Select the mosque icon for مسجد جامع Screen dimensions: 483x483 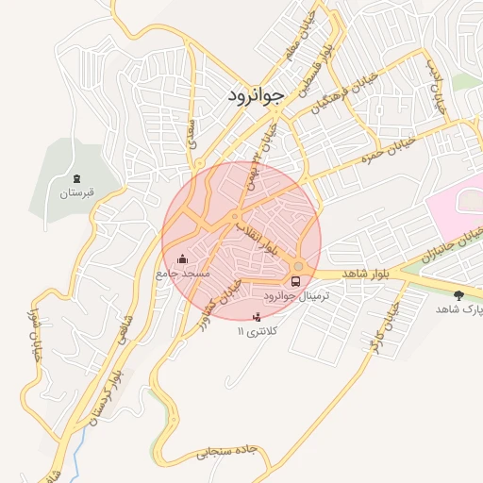(x=182, y=258)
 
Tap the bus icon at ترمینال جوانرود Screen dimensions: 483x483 (x=297, y=280)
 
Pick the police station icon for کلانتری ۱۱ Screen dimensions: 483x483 (x=257, y=318)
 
